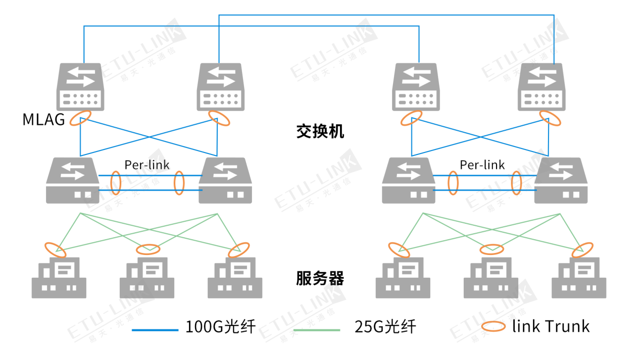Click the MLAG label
tap(43, 120)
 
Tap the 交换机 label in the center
tap(320, 132)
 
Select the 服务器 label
tap(320, 278)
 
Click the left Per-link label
tap(147, 165)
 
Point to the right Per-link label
tap(482, 165)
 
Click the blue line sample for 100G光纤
tap(155, 330)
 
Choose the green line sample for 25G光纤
tap(317, 330)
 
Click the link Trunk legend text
tap(551, 326)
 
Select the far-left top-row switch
tap(81, 87)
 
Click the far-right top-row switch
tap(543, 87)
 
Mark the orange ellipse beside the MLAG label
tap(80, 118)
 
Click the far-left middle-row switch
tap(73, 180)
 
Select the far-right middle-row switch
tap(561, 180)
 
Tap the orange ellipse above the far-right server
tap(582, 249)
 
